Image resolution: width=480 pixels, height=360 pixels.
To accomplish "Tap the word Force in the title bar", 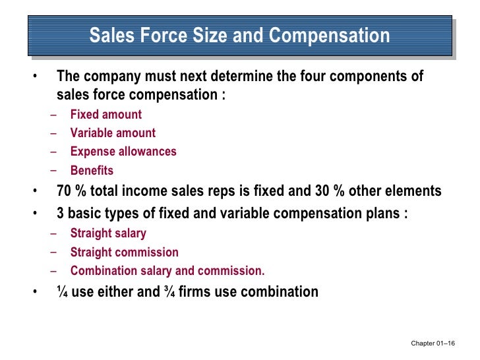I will pos(169,35).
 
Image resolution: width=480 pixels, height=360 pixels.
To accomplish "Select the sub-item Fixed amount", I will pos(106,115).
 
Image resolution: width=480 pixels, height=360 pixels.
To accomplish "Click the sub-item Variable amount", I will pos(113,133).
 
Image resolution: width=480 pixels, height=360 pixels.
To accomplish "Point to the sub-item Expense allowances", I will pos(123,152).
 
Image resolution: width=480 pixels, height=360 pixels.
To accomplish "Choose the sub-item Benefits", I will pos(92,171).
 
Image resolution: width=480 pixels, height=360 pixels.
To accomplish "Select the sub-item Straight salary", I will pos(108,233).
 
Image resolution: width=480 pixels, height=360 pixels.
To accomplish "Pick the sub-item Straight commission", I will pos(124,252).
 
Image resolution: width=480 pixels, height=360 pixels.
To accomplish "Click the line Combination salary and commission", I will pos(167,270).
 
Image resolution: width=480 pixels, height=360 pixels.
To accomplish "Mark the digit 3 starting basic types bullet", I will pos(61,214).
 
